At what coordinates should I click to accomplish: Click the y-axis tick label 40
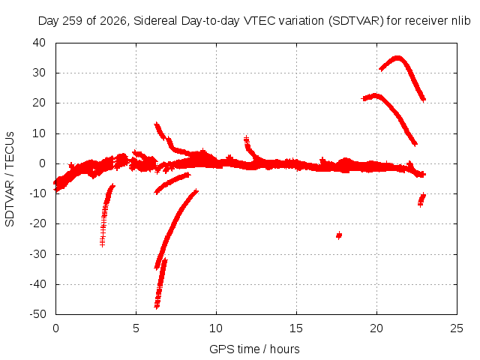39,43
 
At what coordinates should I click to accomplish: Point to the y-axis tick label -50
37,314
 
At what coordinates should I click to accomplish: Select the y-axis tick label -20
37,223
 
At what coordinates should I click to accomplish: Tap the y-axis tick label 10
39,133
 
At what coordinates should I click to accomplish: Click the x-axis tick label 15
296,328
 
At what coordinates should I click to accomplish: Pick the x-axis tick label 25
457,328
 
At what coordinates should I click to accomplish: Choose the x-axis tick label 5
136,328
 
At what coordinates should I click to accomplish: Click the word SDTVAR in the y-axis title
10,203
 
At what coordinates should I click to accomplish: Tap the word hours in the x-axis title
285,349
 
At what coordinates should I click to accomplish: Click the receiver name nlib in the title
460,21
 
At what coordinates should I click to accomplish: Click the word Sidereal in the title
155,21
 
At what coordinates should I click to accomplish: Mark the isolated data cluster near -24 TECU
338,235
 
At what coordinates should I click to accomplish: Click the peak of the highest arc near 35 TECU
397,58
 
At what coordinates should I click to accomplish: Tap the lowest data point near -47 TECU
157,306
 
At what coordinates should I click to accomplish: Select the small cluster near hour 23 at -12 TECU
421,200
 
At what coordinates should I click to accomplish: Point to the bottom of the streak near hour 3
102,244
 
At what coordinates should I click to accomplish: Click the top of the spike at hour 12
246,138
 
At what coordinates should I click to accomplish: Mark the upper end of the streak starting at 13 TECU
157,124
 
